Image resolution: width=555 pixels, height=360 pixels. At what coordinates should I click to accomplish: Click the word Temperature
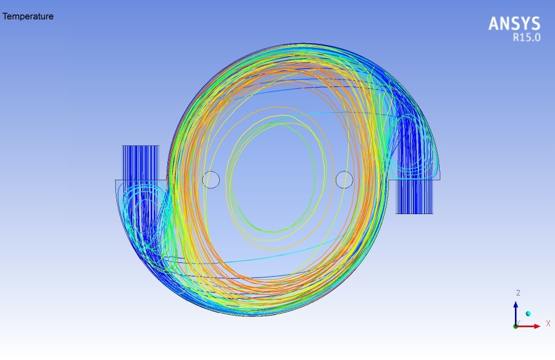[28, 16]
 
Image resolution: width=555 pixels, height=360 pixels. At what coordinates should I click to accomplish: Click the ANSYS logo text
[514, 24]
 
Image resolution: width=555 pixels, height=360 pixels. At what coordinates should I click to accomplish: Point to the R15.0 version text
[527, 37]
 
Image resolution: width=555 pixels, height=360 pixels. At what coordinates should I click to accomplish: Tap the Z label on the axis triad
[518, 293]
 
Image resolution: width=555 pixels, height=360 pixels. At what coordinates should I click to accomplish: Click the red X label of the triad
[548, 323]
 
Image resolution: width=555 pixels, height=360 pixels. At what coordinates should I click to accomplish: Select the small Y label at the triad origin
[518, 322]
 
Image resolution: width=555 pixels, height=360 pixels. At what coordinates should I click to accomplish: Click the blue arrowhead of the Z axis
[516, 304]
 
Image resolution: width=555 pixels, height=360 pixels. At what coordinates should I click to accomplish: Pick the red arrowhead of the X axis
[537, 326]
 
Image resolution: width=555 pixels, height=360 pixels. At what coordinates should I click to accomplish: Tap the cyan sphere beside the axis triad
[529, 314]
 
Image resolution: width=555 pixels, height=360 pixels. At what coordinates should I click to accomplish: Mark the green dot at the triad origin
[516, 326]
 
